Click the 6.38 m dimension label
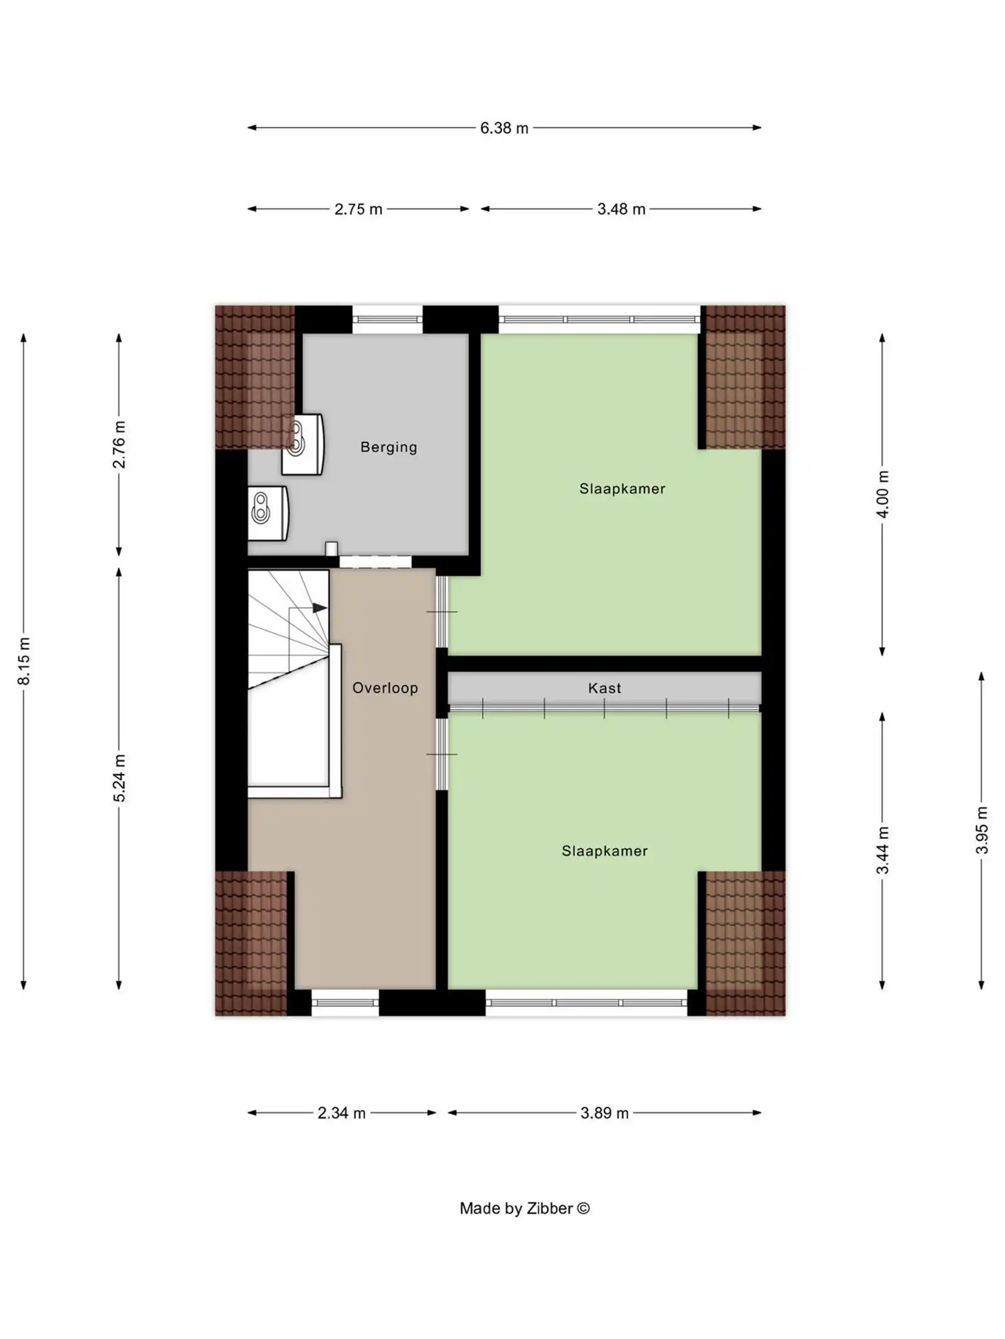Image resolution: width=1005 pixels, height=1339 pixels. click(x=504, y=128)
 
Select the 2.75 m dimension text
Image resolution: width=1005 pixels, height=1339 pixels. click(x=358, y=209)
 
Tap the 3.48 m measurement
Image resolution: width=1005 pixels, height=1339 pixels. click(x=621, y=209)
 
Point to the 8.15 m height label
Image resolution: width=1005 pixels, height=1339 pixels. click(x=24, y=661)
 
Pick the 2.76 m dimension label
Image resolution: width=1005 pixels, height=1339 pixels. click(x=119, y=444)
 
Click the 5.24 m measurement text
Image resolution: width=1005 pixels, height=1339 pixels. click(x=119, y=778)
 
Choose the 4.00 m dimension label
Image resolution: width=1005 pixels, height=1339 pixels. click(x=883, y=494)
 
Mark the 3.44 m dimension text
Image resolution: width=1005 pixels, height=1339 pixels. click(x=883, y=850)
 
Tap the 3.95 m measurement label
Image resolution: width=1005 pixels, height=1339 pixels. click(x=982, y=830)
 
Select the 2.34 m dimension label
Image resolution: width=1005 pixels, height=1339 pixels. click(x=341, y=1113)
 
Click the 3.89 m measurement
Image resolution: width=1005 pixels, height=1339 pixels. click(x=604, y=1113)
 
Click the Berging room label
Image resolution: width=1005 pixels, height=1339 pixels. click(x=388, y=447)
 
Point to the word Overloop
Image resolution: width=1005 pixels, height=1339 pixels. click(x=385, y=688)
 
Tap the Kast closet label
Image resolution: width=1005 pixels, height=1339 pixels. click(x=604, y=688)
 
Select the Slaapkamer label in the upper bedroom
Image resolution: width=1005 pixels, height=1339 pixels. click(x=622, y=488)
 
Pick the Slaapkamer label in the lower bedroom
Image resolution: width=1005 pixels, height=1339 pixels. click(x=604, y=851)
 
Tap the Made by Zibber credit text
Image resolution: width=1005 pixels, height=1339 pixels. click(x=524, y=1208)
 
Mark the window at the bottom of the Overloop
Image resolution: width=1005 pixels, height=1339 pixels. click(x=345, y=1003)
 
